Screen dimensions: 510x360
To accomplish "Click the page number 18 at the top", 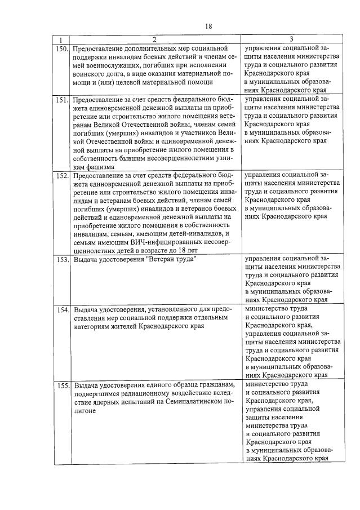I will (x=208, y=26).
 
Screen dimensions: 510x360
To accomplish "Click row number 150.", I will (x=62, y=49).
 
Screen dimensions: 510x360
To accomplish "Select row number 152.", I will (x=62, y=176).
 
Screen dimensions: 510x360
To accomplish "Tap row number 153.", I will (x=62, y=260).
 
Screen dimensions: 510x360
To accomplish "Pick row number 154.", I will (x=62, y=310).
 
